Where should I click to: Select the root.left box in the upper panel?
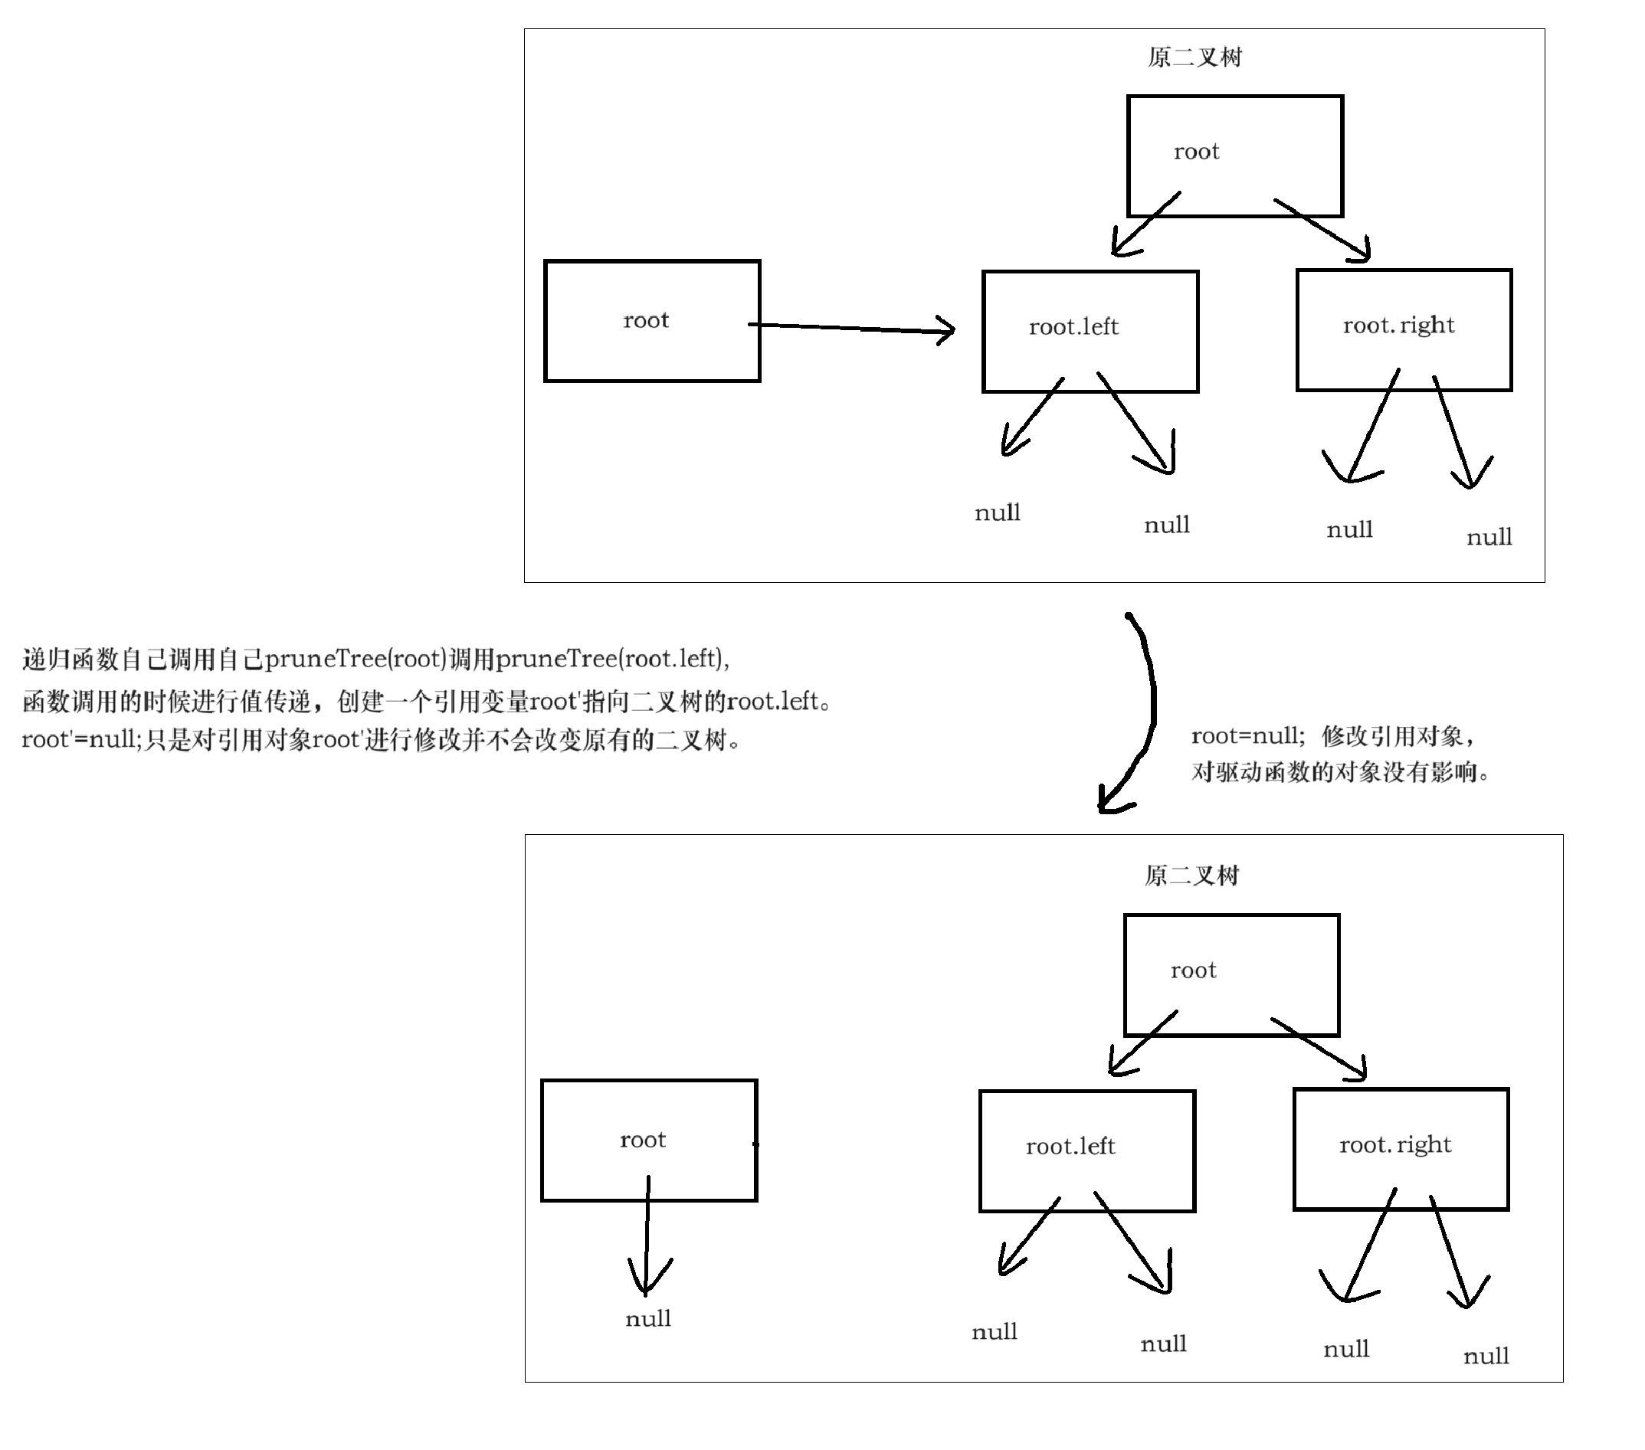point(1090,332)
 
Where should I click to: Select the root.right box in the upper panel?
point(1404,330)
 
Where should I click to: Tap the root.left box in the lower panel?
point(1086,1151)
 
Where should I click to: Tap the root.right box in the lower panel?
point(1401,1149)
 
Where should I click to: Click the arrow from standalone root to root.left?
point(853,328)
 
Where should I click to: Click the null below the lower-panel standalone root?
point(648,1319)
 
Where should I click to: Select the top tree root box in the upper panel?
point(1234,156)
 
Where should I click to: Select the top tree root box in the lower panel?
point(1231,974)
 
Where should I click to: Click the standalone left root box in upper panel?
point(652,321)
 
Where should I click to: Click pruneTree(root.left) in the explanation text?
point(611,659)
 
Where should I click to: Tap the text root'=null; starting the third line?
point(80,739)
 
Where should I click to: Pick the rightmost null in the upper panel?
point(1489,537)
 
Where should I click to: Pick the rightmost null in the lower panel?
point(1486,1356)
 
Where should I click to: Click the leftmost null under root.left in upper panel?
point(997,512)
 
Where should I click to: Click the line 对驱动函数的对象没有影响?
point(1339,772)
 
